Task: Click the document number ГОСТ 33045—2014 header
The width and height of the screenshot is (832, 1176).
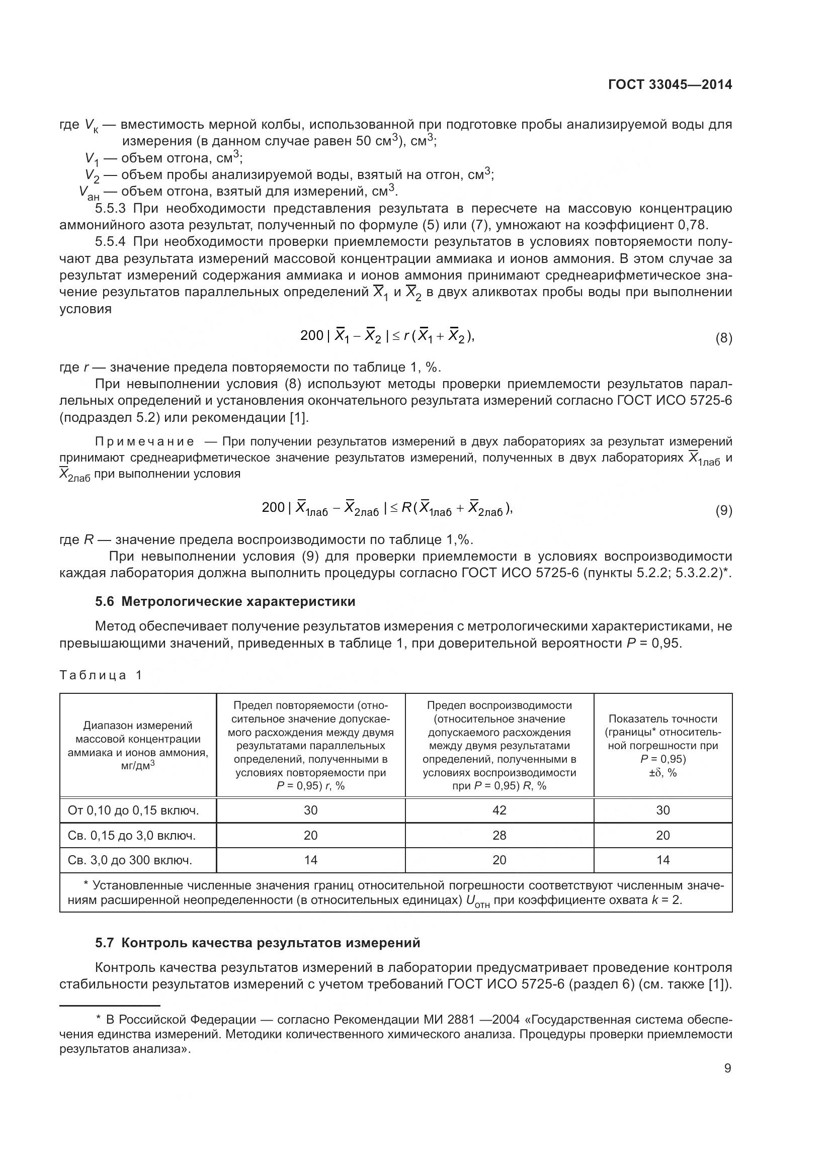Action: [x=670, y=85]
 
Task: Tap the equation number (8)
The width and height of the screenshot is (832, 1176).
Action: [x=723, y=338]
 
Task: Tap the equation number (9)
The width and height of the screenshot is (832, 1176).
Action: [x=723, y=511]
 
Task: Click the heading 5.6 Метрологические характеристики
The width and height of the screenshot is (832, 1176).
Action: [x=225, y=601]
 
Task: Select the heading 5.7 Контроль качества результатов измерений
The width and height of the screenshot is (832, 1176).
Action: [x=257, y=942]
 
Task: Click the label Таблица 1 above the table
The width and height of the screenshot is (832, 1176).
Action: [x=101, y=675]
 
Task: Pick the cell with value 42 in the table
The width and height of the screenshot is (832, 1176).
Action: [x=499, y=810]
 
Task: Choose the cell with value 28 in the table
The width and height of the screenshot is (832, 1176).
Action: [x=499, y=836]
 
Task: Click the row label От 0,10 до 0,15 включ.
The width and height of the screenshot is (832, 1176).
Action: [x=133, y=810]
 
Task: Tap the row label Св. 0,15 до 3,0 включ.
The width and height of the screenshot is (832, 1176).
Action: [x=132, y=836]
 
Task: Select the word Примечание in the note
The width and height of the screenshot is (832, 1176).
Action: [x=145, y=441]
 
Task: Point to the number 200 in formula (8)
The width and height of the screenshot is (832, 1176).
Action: [x=311, y=335]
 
